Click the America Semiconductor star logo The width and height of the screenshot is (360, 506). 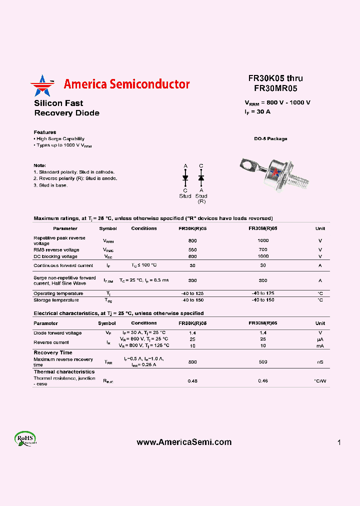(x=42, y=85)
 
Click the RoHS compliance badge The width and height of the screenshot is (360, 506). (x=25, y=438)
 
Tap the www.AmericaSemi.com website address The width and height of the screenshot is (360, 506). (x=184, y=442)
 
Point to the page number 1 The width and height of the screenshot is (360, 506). (x=339, y=442)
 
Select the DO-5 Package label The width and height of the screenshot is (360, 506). (x=270, y=139)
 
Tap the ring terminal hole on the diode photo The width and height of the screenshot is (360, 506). (x=246, y=162)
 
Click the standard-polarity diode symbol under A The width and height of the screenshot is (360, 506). (x=185, y=177)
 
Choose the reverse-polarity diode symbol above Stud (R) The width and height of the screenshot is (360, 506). (x=201, y=177)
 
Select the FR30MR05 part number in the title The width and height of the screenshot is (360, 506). (x=275, y=88)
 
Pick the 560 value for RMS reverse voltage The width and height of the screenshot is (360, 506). (x=192, y=249)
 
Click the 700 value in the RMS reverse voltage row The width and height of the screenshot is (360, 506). (x=263, y=249)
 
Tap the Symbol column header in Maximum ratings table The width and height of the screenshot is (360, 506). (x=107, y=228)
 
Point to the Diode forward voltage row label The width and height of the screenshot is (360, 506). (x=57, y=333)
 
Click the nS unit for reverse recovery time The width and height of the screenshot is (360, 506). (x=320, y=362)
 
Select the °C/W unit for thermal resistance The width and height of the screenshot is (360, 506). (x=320, y=381)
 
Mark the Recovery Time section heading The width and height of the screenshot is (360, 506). (x=53, y=352)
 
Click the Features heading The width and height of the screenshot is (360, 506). (x=45, y=132)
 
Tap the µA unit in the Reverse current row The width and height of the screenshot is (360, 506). (x=320, y=339)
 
